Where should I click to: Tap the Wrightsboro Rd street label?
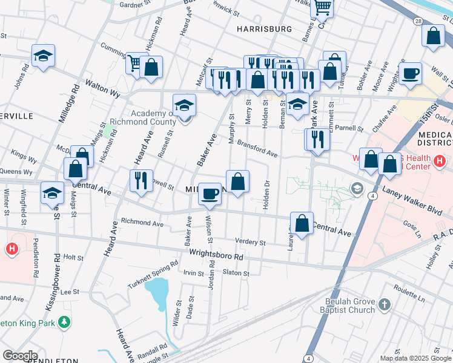(x=216, y=256)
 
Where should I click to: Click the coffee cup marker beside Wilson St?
(x=210, y=194)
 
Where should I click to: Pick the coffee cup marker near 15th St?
(x=411, y=73)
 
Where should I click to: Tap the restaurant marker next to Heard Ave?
(x=141, y=181)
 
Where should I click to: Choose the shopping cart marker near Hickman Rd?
(x=134, y=62)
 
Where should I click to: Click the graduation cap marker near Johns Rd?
(x=43, y=56)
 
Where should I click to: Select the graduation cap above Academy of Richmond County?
(x=185, y=105)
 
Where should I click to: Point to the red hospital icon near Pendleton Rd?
(x=11, y=249)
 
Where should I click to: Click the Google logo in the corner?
(x=19, y=356)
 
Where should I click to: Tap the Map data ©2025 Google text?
(x=415, y=358)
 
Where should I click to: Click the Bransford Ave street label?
(x=257, y=149)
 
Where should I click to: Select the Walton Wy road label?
(x=102, y=85)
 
